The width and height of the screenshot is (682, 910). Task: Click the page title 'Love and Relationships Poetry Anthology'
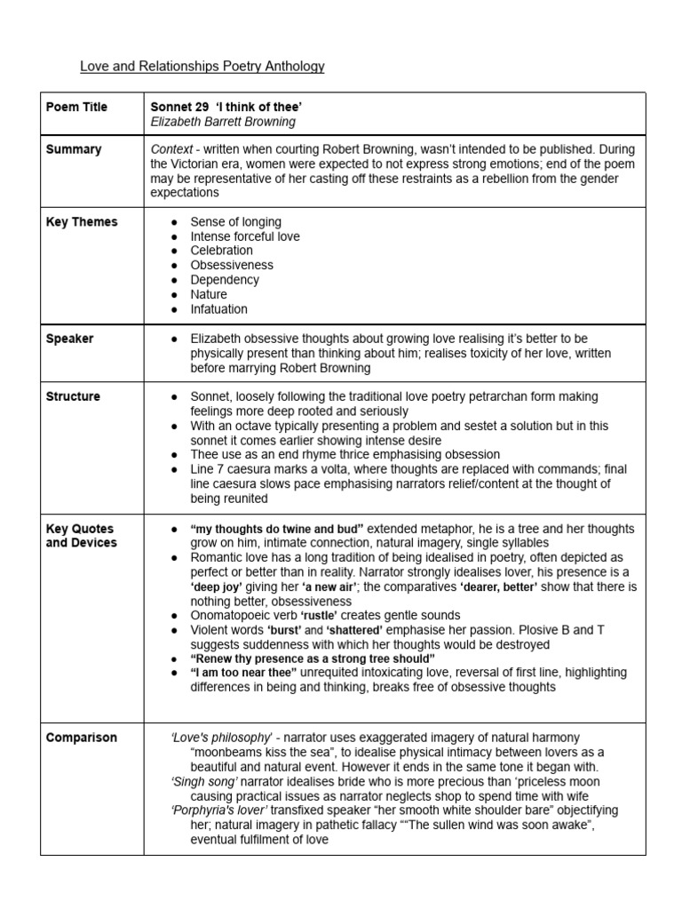coord(202,67)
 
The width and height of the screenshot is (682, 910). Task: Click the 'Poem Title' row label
coord(76,107)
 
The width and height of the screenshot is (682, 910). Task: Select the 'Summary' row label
coord(74,149)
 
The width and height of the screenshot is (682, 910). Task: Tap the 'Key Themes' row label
coord(82,222)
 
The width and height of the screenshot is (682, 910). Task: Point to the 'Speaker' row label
coord(70,339)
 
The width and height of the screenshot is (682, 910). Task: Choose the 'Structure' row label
coord(74,396)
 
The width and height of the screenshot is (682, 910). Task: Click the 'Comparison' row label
coord(81,738)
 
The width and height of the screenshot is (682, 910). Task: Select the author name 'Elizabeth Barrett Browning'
coord(223,122)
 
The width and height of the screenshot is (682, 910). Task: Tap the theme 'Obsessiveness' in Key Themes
coord(232,265)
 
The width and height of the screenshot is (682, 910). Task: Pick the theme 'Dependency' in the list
coord(225,280)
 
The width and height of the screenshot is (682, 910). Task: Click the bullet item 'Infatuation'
coord(219,309)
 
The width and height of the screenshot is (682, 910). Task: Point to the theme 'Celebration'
coord(222,251)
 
